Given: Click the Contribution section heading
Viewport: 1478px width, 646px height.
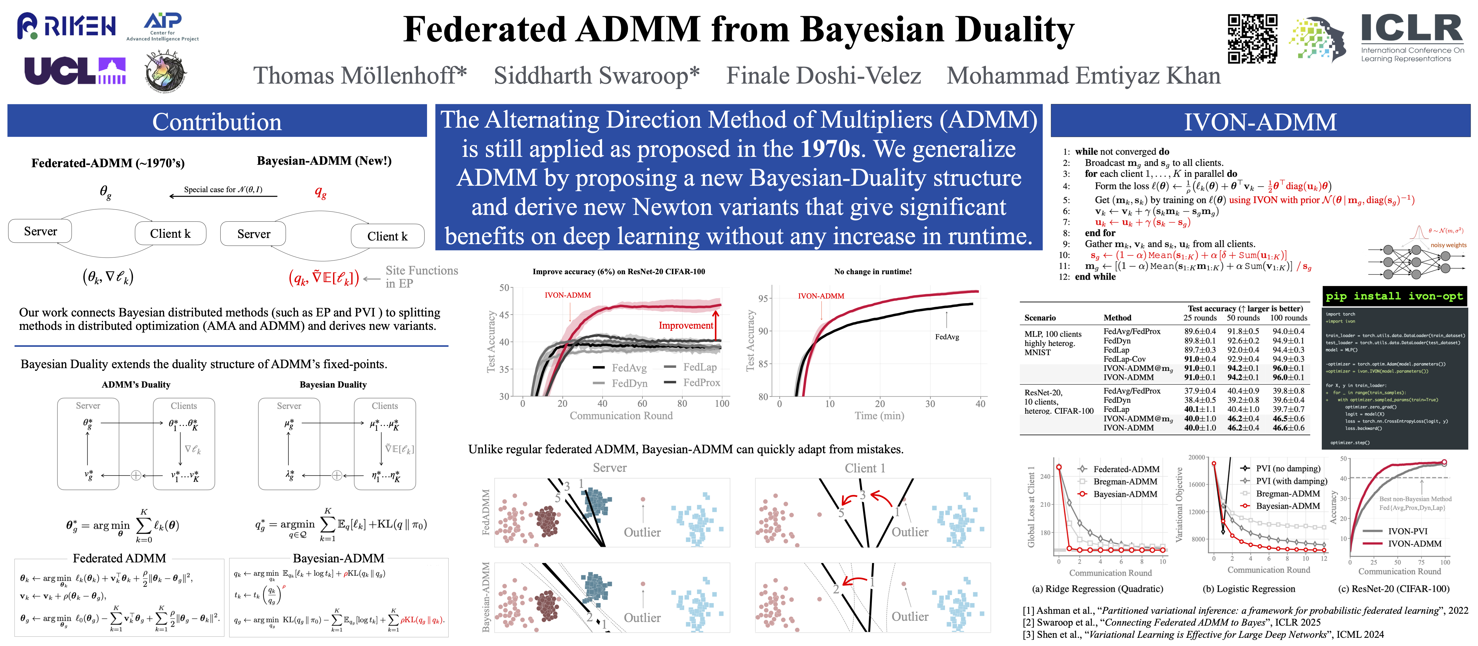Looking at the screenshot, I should pyautogui.click(x=217, y=122).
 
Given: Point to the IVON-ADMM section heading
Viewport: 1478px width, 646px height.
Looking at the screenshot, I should pyautogui.click(x=1260, y=122).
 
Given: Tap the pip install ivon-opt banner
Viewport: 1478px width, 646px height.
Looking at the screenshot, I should pyautogui.click(x=1394, y=296).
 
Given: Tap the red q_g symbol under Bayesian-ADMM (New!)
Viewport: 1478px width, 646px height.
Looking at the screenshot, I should pyautogui.click(x=320, y=193).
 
